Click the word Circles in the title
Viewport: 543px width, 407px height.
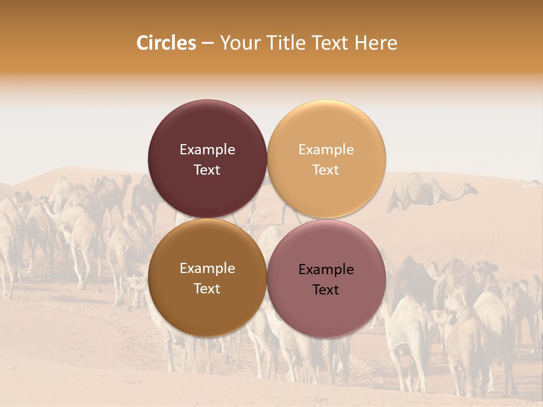(166, 43)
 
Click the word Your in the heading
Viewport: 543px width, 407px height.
(240, 43)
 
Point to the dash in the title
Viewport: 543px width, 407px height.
(208, 44)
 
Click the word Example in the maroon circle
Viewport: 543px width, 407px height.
(207, 149)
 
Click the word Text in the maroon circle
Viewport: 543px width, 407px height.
(207, 170)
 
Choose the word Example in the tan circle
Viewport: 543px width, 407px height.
(326, 149)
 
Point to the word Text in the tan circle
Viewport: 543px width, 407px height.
(326, 170)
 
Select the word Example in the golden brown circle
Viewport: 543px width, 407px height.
(207, 269)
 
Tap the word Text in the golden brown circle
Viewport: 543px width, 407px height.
(207, 288)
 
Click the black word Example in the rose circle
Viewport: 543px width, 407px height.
(326, 270)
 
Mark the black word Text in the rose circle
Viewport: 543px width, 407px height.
(326, 289)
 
